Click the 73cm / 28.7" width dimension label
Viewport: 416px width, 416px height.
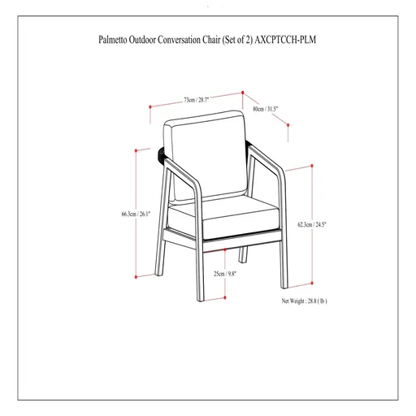click(x=196, y=100)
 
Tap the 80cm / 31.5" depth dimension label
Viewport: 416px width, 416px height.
click(x=266, y=108)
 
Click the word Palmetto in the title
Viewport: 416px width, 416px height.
click(x=114, y=36)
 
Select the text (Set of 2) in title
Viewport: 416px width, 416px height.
click(x=244, y=36)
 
